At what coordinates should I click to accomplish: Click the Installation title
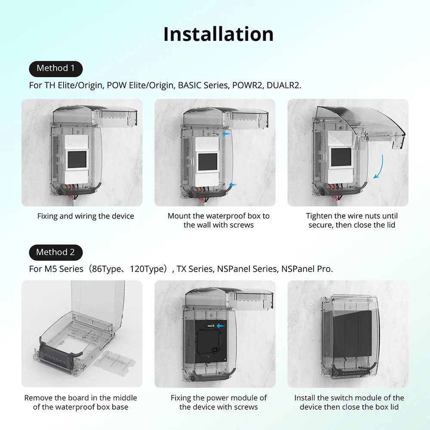[218, 34]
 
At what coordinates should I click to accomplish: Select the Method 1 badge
[55, 68]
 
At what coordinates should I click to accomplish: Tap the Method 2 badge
[55, 252]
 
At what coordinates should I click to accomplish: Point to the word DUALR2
[284, 85]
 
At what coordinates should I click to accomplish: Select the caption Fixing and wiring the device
[86, 216]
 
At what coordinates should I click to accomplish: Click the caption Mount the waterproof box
[218, 221]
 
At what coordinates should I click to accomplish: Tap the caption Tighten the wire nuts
[352, 221]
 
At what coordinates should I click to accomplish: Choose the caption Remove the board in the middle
[80, 402]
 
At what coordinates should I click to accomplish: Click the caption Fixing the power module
[218, 402]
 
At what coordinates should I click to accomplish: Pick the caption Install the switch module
[349, 402]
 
